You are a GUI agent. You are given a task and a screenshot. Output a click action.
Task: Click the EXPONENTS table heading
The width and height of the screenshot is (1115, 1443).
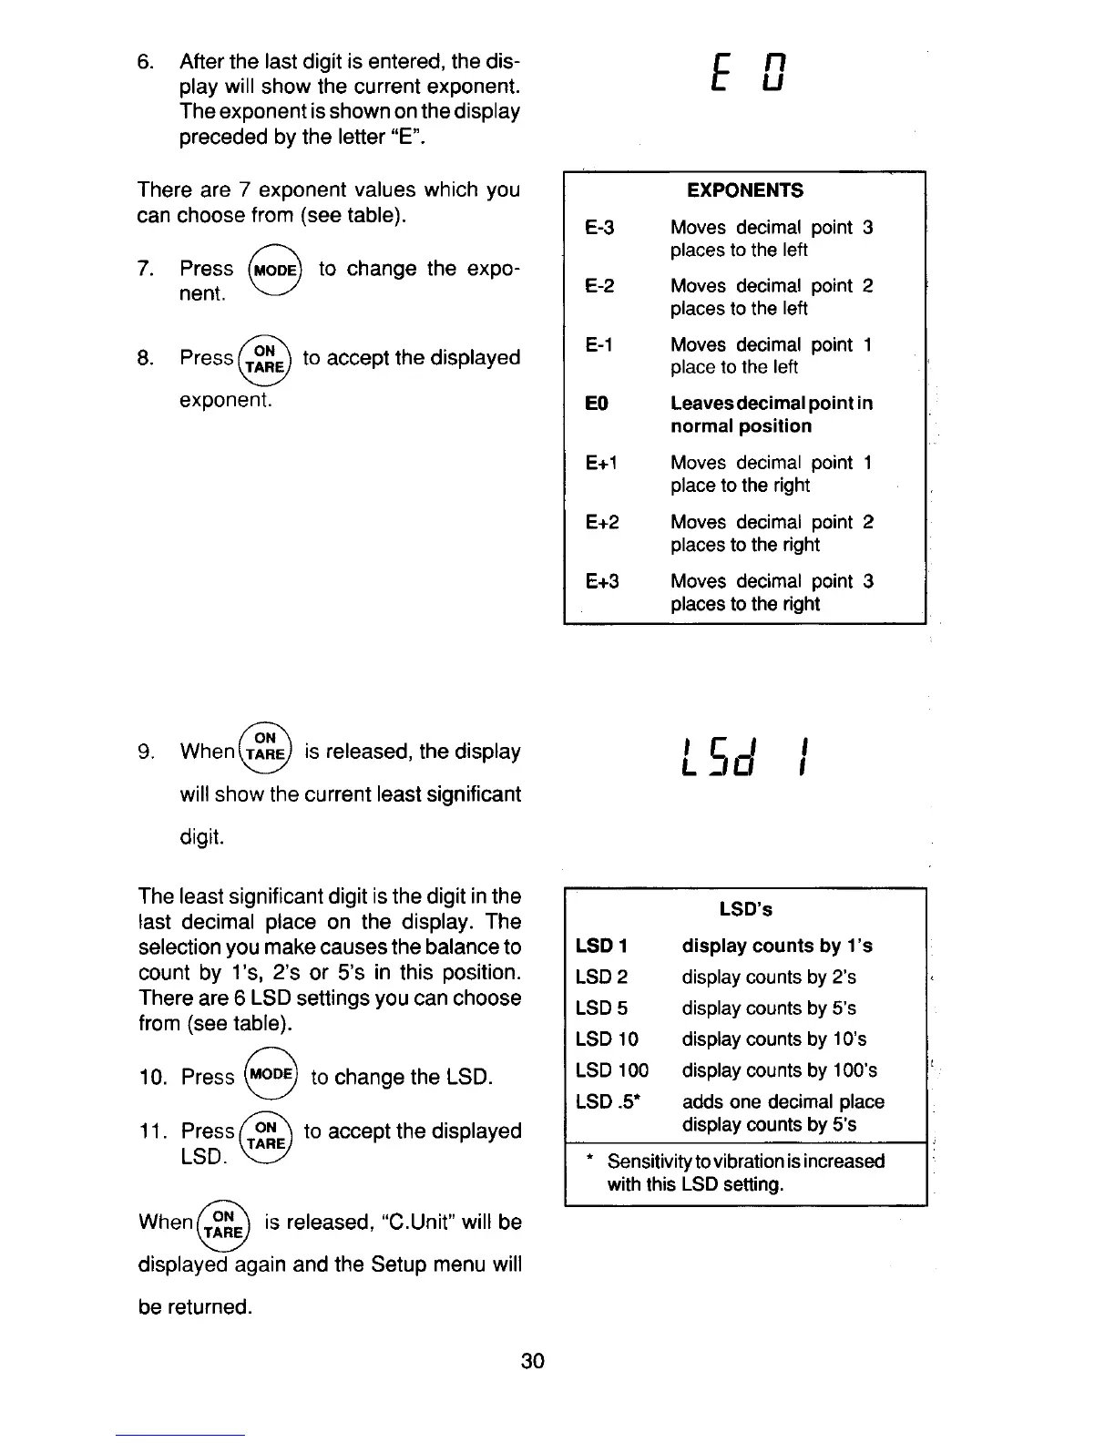pos(744,190)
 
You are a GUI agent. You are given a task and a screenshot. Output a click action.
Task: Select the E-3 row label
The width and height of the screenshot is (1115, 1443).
pos(599,228)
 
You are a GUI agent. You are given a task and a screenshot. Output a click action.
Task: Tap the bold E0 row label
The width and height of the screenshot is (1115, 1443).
pos(597,404)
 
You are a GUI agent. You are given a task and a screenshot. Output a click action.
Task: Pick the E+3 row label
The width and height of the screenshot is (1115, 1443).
pos(602,581)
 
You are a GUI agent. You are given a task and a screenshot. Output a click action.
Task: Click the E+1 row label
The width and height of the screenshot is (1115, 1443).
pos(602,463)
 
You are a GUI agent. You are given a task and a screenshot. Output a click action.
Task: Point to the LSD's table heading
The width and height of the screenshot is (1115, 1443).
pos(745,909)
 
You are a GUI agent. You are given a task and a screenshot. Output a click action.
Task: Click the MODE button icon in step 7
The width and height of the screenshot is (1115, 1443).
pos(273,271)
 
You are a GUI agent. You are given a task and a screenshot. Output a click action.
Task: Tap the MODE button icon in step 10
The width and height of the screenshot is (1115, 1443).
pos(271,1075)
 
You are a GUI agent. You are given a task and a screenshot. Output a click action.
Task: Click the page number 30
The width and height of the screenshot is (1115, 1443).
pos(533,1361)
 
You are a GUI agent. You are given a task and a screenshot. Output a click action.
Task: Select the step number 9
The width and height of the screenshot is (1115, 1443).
pos(145,752)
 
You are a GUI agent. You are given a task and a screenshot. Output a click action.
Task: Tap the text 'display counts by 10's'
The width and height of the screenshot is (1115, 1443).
pos(773,1039)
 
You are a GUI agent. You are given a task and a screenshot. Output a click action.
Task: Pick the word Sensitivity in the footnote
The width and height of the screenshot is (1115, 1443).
pos(650,1162)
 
